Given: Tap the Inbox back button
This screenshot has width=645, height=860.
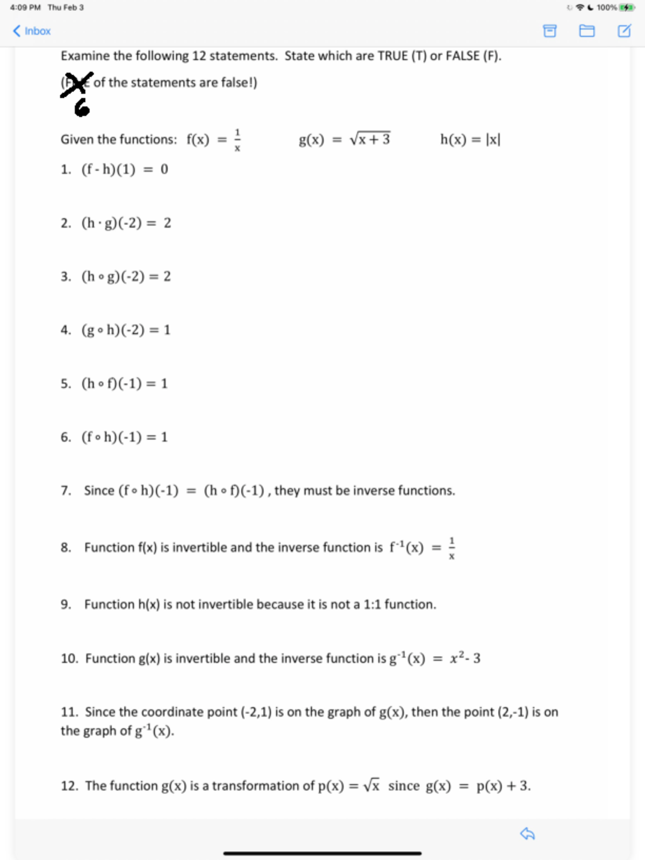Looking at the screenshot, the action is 32,31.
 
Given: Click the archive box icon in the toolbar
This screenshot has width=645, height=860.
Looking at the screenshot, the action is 549,31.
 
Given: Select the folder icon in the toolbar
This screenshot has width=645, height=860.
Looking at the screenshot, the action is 586,31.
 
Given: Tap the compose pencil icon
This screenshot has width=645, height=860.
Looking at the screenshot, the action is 624,31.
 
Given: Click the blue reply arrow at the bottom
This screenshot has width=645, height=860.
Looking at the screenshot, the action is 527,834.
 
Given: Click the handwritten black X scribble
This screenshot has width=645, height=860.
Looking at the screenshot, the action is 76,84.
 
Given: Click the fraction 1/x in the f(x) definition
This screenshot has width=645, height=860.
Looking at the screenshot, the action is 237,140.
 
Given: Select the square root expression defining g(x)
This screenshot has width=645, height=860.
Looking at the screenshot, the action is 370,139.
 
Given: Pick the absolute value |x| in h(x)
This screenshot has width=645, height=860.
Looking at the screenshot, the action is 493,140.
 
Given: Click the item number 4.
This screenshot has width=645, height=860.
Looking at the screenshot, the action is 66,330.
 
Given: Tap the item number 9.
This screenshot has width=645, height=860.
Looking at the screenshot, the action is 66,605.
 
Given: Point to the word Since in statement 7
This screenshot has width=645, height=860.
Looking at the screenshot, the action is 99,491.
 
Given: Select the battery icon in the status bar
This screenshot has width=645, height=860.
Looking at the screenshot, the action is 627,8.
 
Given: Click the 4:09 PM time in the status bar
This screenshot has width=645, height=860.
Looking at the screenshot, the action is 25,8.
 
